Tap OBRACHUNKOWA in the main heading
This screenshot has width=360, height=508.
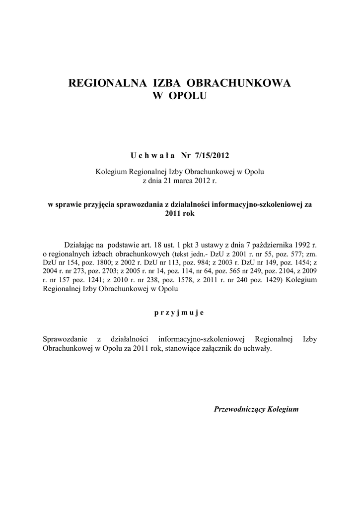[237, 83]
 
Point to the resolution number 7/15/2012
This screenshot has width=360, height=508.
[213, 156]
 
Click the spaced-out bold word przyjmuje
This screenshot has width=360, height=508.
[180, 314]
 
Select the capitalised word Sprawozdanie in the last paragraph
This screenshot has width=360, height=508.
[65, 339]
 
